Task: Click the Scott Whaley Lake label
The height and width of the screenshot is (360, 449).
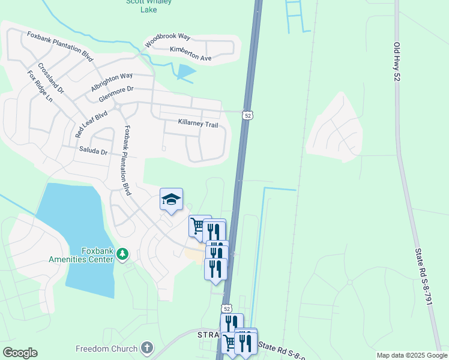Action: (148, 5)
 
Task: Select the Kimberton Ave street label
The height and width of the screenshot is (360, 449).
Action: (191, 54)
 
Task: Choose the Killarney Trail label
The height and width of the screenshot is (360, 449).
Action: (197, 122)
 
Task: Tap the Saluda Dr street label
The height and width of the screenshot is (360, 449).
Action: (93, 152)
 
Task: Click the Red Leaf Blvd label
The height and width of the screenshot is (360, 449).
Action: (91, 124)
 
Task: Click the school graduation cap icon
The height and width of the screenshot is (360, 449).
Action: (171, 199)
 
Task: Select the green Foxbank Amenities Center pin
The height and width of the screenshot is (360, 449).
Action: (122, 254)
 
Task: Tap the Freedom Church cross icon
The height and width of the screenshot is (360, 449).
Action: (146, 348)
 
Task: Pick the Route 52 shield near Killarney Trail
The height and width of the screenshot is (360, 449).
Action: (247, 115)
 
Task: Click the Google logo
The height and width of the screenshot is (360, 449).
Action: (20, 353)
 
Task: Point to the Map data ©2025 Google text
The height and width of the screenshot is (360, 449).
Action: (411, 355)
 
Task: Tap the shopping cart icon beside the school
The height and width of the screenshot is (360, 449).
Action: (197, 226)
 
